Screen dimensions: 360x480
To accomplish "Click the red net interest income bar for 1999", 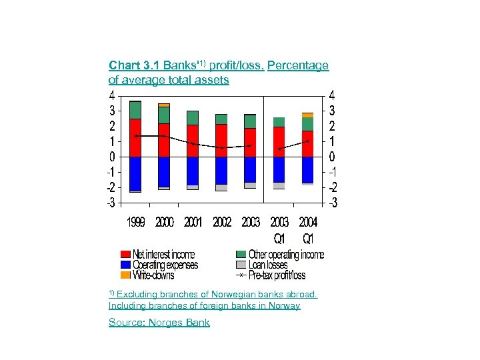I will point(135,138).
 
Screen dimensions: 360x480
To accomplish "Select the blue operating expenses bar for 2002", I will point(221,170).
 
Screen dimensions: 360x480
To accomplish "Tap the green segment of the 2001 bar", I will point(193,118).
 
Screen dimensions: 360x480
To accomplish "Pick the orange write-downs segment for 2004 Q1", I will point(307,115).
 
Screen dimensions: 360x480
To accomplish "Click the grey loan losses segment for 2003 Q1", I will point(279,185).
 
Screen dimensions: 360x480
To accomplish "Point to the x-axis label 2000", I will point(164,223).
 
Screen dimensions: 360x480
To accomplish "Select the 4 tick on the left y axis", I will point(113,95).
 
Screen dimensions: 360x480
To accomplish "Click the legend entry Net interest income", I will point(163,255).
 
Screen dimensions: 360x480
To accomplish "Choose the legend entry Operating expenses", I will point(165,265).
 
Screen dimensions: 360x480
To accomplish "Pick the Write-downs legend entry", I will point(153,275).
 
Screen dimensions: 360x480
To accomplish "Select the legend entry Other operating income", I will point(286,255).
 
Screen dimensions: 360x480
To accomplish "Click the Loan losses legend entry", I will point(268,265).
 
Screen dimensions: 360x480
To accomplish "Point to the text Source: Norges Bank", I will point(159,323).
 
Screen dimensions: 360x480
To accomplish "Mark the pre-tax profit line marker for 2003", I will point(250,145).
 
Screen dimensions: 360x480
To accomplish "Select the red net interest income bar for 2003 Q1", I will point(279,141).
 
